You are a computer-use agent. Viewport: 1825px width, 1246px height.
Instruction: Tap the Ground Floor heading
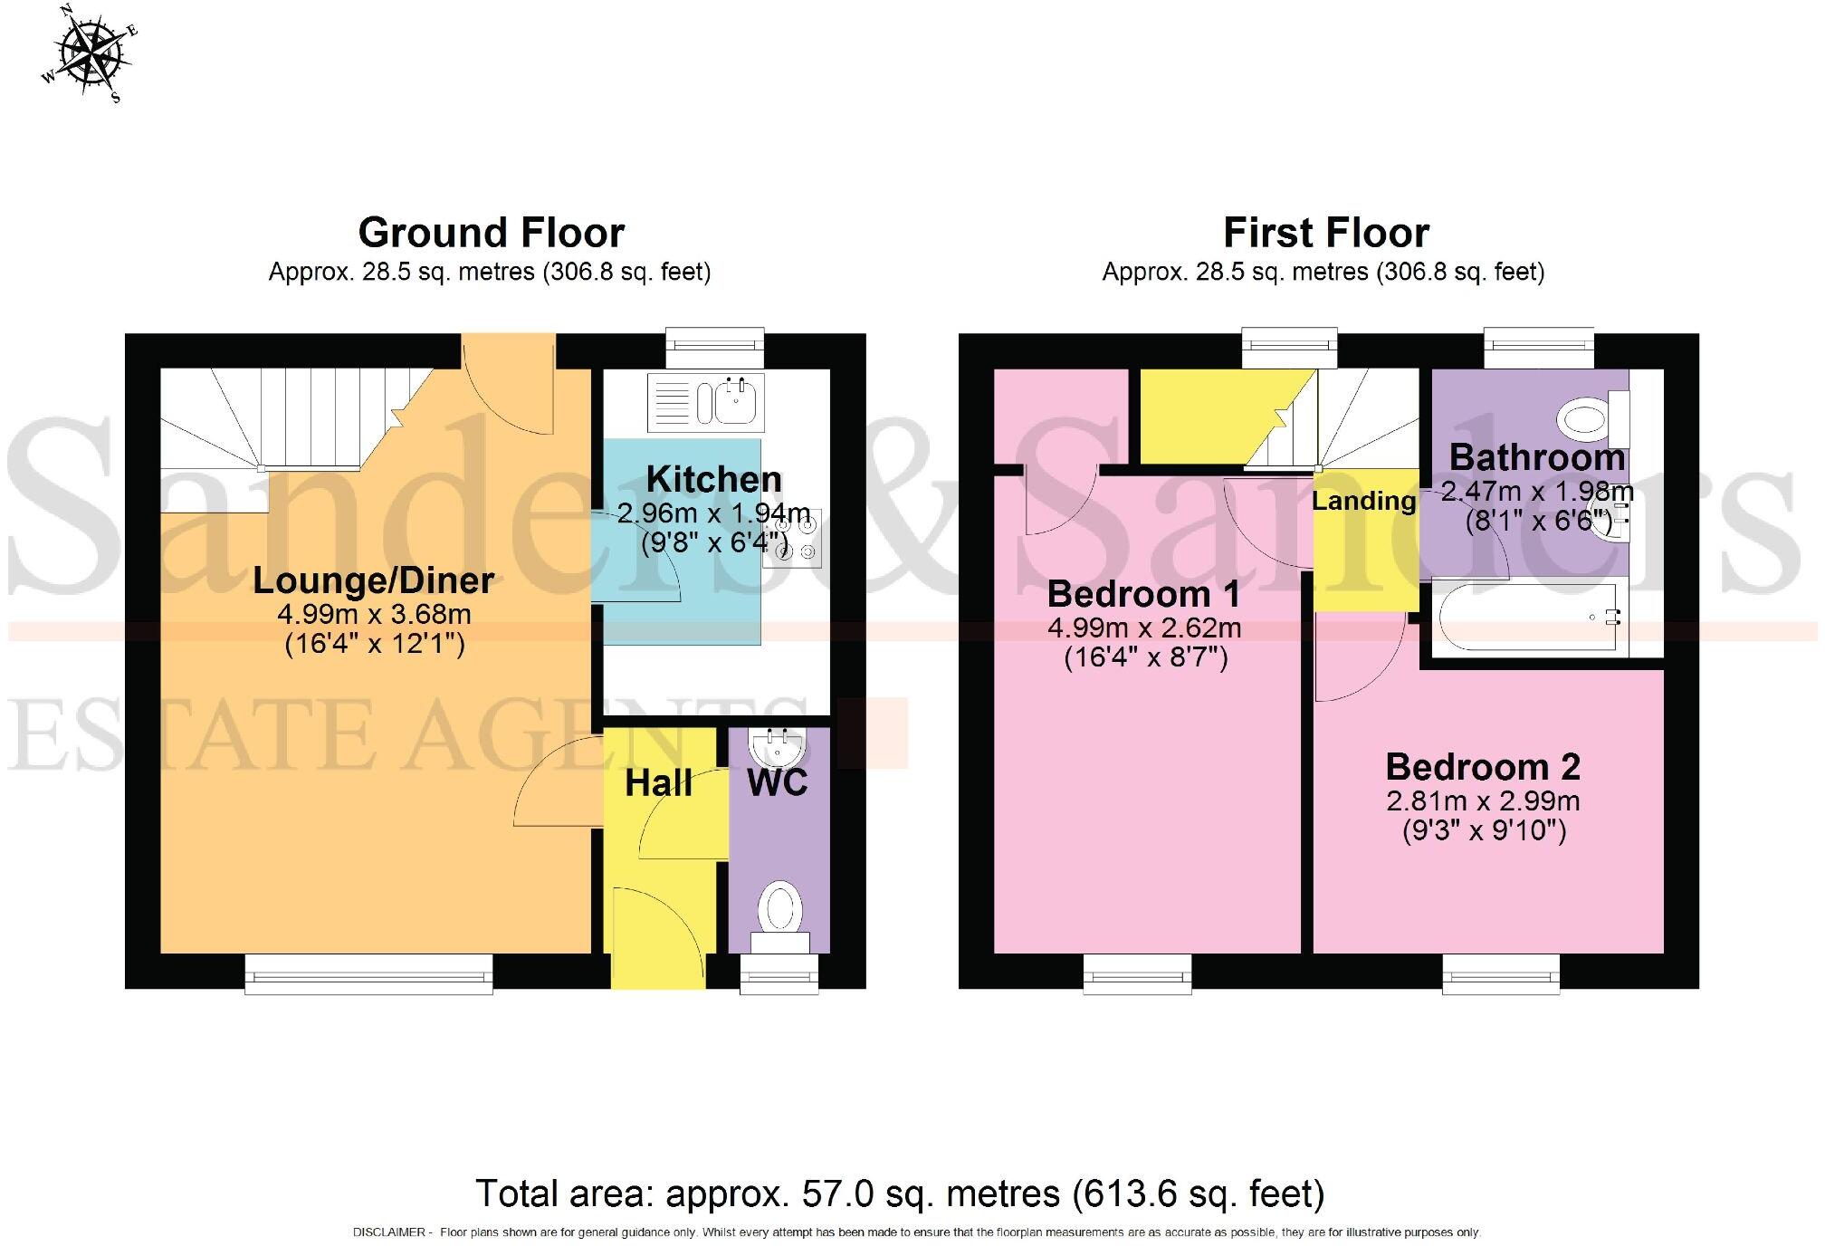coord(491,233)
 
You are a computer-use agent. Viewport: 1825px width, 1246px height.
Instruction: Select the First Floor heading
coord(1325,233)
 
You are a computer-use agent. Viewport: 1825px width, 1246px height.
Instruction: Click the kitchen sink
coord(738,401)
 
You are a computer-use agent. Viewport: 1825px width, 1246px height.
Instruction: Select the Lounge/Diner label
coord(373,580)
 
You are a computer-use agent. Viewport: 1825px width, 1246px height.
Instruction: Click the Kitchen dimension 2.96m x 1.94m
coord(713,513)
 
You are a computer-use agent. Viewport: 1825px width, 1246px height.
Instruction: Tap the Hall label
coord(658,783)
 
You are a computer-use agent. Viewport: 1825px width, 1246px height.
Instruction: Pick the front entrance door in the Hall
coord(657,942)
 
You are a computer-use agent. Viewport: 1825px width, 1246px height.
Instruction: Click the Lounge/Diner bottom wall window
coord(369,976)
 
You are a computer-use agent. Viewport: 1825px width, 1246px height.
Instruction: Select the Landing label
coord(1363,501)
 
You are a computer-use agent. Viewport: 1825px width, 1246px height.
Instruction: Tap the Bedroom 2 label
coord(1483,767)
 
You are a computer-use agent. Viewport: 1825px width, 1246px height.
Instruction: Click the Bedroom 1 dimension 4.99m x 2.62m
coord(1144,628)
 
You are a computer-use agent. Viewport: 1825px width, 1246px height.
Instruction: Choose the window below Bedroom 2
coord(1501,976)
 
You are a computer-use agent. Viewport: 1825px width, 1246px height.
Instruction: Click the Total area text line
coord(900,1193)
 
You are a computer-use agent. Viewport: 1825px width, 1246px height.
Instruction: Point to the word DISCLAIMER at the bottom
coord(388,1232)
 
